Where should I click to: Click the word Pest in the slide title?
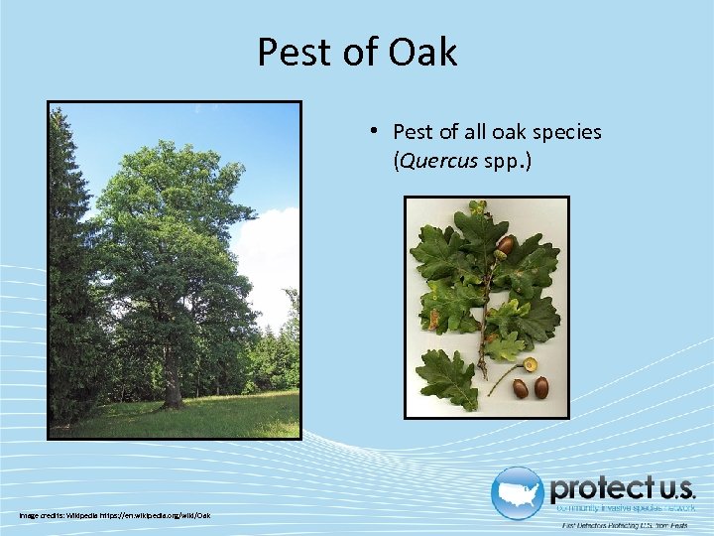pos(296,53)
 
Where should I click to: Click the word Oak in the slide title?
pos(423,53)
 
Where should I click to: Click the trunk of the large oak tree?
pos(173,382)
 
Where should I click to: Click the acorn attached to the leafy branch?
pos(505,244)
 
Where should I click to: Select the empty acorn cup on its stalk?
pos(531,364)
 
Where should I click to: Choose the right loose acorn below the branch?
pos(541,387)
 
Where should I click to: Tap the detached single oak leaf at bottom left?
pos(446,377)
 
